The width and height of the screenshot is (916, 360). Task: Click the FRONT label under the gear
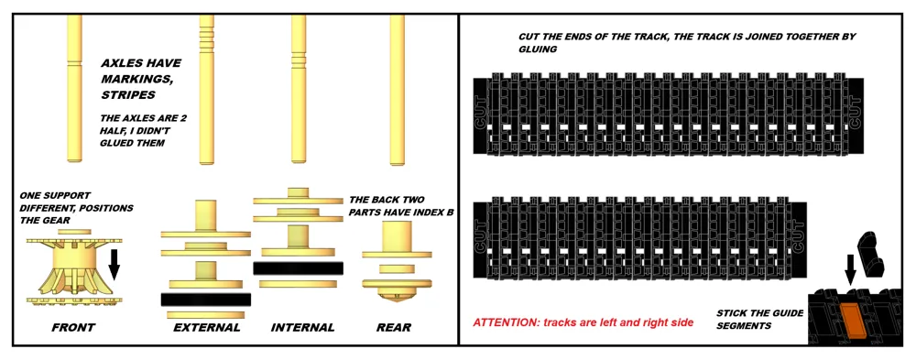[73, 328]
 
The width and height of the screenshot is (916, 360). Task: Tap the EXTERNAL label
[207, 327]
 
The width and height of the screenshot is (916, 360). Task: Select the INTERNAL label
[302, 327]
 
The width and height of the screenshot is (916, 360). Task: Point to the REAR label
[394, 328]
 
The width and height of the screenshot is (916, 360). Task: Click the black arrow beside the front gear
[114, 264]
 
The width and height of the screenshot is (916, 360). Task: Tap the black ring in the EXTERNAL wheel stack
[205, 300]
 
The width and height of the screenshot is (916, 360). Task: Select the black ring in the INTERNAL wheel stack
[298, 268]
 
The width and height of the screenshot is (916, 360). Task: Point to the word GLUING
[538, 50]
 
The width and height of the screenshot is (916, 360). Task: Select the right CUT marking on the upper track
[856, 115]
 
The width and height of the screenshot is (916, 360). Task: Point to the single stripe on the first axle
[75, 62]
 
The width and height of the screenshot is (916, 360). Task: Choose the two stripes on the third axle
[299, 58]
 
